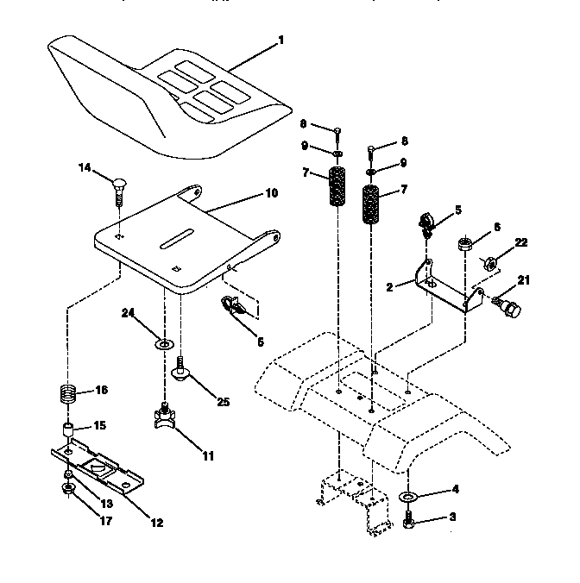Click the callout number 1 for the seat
(x=280, y=40)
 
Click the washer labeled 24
(x=161, y=344)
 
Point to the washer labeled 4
(x=407, y=498)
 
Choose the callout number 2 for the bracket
(x=389, y=286)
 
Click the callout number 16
(x=102, y=390)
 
